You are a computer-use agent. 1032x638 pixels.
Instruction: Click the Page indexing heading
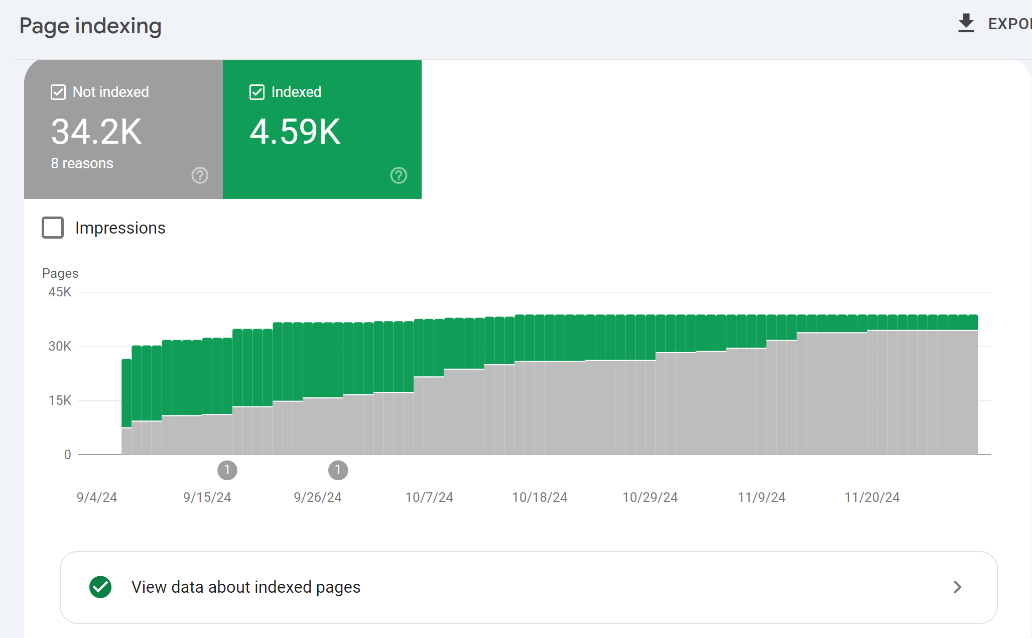pyautogui.click(x=90, y=26)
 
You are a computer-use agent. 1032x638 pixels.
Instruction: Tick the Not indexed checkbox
pyautogui.click(x=58, y=92)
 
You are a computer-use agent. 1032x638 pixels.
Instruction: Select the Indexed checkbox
pyautogui.click(x=257, y=92)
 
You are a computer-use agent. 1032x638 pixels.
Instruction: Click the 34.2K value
pyautogui.click(x=96, y=132)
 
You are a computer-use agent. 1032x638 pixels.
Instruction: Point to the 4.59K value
pyautogui.click(x=295, y=132)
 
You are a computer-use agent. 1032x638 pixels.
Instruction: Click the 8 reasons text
pyautogui.click(x=82, y=163)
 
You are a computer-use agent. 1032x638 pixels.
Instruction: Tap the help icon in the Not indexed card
pyautogui.click(x=200, y=175)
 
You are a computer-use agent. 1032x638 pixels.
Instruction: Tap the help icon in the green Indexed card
pyautogui.click(x=399, y=175)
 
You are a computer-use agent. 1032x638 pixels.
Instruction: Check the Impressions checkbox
pyautogui.click(x=53, y=228)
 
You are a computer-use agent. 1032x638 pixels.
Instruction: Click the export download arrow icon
pyautogui.click(x=966, y=24)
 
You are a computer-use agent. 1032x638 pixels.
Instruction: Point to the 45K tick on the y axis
pyautogui.click(x=60, y=292)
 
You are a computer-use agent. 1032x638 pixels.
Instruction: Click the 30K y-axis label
pyautogui.click(x=60, y=346)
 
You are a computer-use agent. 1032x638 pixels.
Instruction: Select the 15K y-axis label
pyautogui.click(x=60, y=400)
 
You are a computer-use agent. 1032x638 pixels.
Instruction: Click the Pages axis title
pyautogui.click(x=60, y=273)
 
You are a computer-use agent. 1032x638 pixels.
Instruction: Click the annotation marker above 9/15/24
pyautogui.click(x=227, y=470)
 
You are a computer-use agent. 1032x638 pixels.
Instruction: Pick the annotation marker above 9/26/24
pyautogui.click(x=338, y=470)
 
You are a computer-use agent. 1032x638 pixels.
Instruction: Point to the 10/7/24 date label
pyautogui.click(x=429, y=497)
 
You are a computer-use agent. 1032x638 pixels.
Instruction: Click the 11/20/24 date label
pyautogui.click(x=872, y=497)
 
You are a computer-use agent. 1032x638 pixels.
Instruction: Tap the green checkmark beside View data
pyautogui.click(x=100, y=587)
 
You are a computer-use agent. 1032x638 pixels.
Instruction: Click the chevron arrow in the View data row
pyautogui.click(x=958, y=587)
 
